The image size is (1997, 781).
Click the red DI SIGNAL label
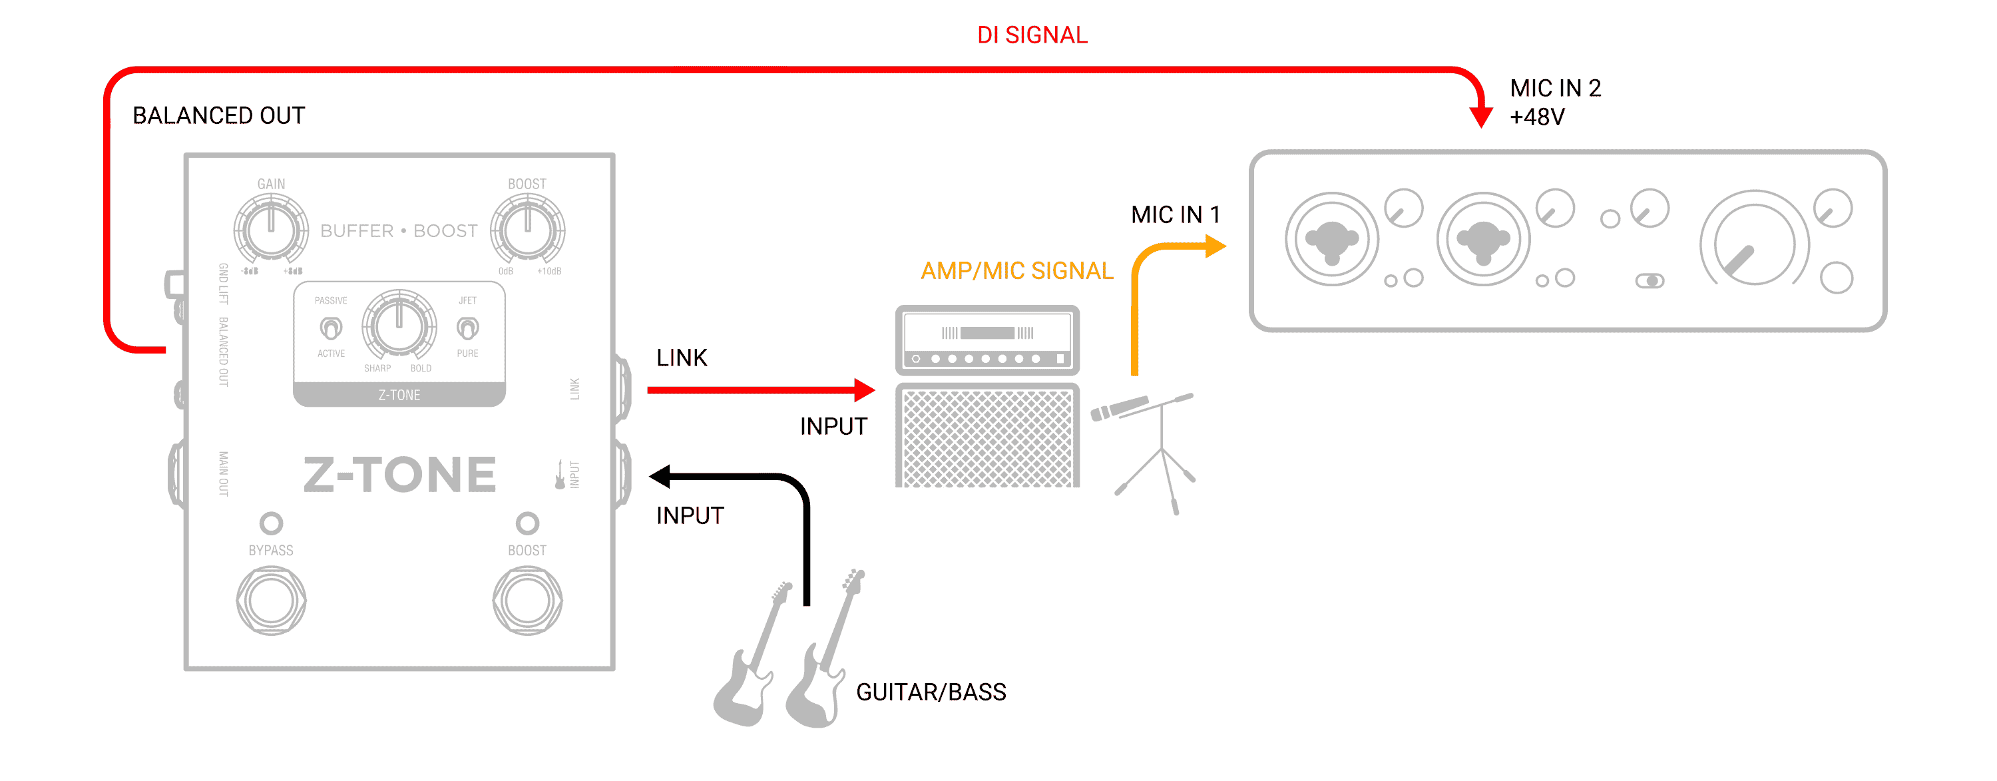[1032, 35]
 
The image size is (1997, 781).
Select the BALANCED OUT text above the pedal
[218, 116]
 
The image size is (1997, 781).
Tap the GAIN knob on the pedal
[272, 229]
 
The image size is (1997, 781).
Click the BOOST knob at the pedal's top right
[527, 229]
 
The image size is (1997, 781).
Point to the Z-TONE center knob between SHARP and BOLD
[399, 326]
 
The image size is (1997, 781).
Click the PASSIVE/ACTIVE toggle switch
[331, 328]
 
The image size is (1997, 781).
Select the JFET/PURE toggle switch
[467, 328]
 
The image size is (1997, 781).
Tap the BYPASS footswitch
[272, 601]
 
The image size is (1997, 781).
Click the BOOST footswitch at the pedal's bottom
[527, 601]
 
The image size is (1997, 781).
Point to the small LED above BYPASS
[272, 523]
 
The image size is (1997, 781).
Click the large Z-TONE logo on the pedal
[399, 475]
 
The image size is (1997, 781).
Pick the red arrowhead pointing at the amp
[865, 390]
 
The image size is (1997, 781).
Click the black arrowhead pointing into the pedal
[660, 476]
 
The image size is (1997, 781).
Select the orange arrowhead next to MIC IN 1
[1216, 246]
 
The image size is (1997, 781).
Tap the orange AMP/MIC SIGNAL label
[1017, 271]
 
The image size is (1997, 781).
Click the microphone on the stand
[1120, 408]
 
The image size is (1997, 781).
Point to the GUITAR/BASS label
[931, 692]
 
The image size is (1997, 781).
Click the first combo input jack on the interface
[1332, 240]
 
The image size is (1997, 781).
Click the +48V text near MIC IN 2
[1537, 117]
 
